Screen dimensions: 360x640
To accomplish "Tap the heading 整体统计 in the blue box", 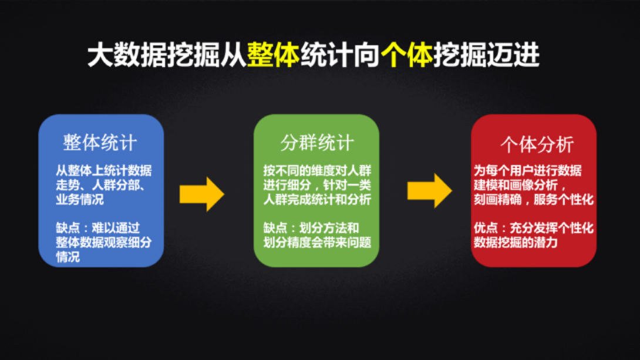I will coord(100,143).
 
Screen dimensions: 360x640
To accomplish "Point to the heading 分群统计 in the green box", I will coord(317,143).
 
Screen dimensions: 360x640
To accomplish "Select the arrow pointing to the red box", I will coord(429,190).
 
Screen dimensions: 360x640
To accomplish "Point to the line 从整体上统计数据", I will coord(103,171).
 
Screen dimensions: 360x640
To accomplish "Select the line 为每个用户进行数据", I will coord(527,171).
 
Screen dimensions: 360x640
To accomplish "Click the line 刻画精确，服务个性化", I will coord(533,200).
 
